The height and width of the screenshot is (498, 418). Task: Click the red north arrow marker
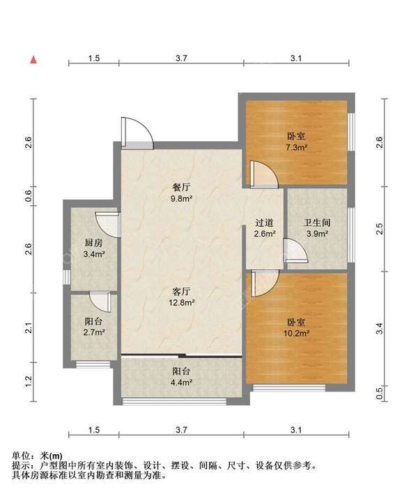33,60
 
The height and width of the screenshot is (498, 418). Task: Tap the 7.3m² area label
296,147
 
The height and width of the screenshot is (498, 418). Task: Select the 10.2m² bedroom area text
297,333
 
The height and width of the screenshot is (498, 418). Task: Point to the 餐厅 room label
181,187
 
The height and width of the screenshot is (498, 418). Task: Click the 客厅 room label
181,291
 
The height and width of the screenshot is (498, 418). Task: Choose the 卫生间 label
317,223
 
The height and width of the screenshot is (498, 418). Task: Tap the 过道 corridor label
264,223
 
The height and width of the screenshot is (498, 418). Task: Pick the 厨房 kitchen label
94,243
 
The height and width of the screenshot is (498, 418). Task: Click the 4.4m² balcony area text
181,383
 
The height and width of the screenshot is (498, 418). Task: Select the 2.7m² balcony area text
95,332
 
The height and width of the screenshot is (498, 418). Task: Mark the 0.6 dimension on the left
29,196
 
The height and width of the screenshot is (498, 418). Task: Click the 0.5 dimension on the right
379,394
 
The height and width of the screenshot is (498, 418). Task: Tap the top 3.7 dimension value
181,58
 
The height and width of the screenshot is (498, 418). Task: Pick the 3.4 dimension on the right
379,329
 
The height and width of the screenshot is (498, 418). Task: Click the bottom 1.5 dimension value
94,430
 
